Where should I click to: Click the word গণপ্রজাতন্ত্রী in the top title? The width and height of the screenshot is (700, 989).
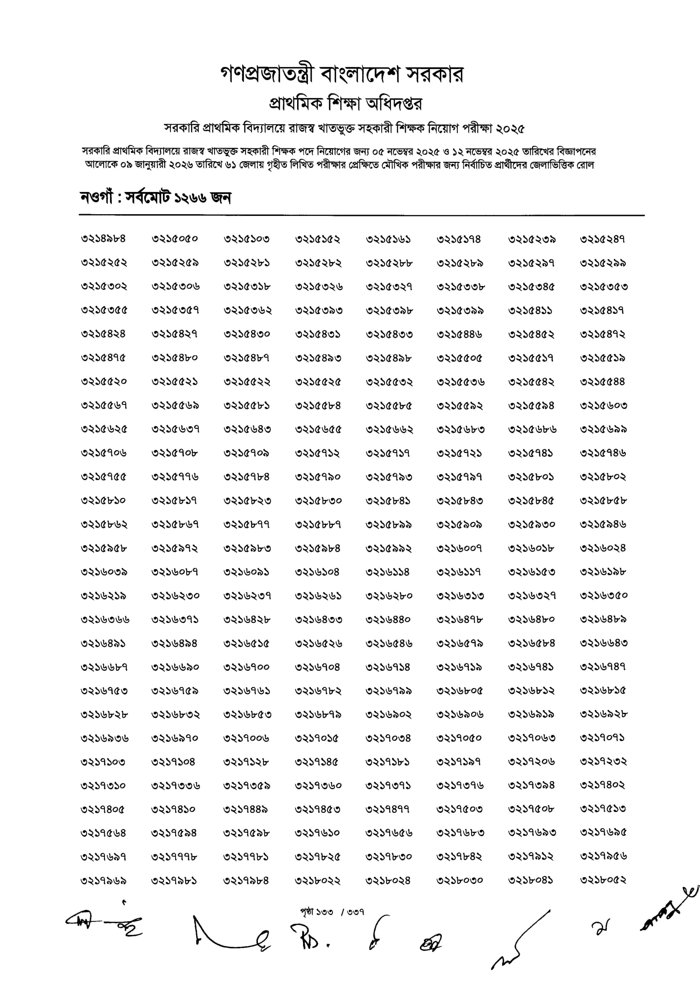[x=268, y=75]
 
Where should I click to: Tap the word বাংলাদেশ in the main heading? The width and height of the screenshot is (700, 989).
[x=361, y=75]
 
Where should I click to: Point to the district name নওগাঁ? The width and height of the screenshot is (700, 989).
[x=96, y=198]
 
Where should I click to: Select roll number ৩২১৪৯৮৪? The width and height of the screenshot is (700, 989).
[x=104, y=239]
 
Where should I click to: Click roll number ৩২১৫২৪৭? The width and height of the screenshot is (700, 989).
[x=602, y=239]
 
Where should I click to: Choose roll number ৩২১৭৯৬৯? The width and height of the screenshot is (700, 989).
[x=104, y=880]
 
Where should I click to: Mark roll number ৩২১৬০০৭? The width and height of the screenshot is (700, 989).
[x=459, y=548]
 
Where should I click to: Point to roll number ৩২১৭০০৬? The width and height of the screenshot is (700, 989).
[x=246, y=738]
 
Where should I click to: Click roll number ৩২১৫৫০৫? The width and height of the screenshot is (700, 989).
[x=460, y=358]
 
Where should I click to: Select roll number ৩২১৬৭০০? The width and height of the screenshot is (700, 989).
[x=246, y=667]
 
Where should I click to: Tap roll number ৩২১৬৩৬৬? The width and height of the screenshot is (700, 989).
[x=105, y=620]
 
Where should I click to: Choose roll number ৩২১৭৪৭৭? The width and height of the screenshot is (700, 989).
[x=388, y=809]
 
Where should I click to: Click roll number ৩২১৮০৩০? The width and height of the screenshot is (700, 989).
[x=460, y=880]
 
